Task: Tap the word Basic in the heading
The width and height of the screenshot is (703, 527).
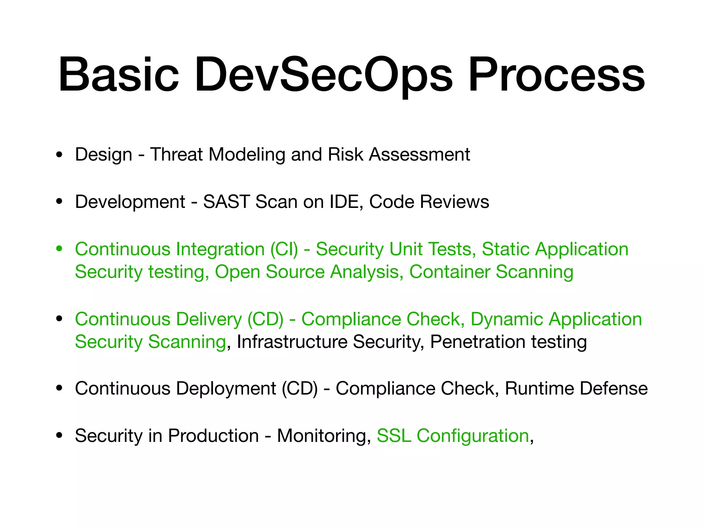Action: tap(118, 74)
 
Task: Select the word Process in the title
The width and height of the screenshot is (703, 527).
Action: tap(556, 75)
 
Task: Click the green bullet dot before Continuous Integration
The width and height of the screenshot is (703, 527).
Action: tap(59, 248)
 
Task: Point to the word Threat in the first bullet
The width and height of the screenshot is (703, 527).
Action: tap(176, 154)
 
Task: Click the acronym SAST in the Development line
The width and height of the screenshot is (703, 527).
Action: tap(226, 201)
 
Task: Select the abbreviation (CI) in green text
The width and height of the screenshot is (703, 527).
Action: tap(284, 249)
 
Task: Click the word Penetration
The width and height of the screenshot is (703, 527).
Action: tap(477, 342)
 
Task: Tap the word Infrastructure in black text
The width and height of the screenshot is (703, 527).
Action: tap(292, 342)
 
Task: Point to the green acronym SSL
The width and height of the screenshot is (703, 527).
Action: tap(394, 436)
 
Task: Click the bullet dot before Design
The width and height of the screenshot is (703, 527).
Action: tap(59, 155)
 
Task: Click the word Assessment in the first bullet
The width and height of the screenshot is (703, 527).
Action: tap(419, 154)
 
